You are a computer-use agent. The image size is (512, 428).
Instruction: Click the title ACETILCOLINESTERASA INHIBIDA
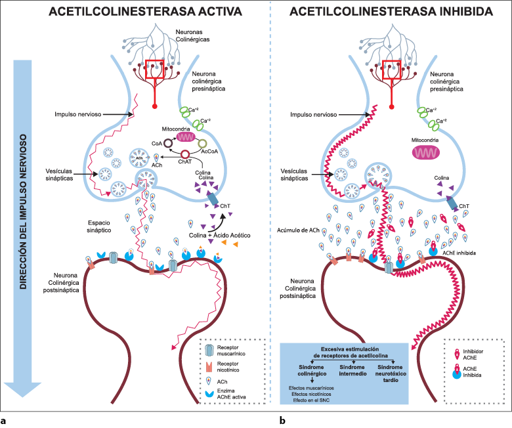(392, 11)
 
